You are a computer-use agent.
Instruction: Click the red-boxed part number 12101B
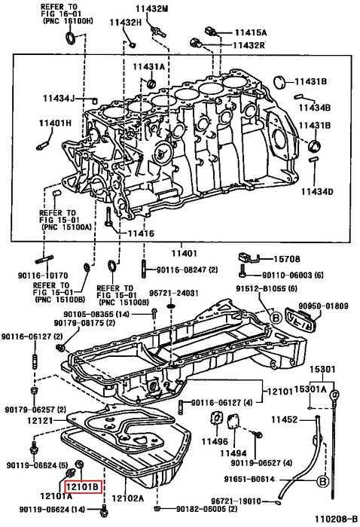(x=83, y=486)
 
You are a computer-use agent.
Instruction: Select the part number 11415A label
(x=251, y=32)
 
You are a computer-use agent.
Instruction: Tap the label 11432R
(x=249, y=45)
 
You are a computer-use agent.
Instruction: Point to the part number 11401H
(x=55, y=123)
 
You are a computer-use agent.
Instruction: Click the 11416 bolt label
(x=141, y=233)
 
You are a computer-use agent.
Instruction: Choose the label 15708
(x=287, y=259)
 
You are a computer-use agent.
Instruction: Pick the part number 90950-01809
(x=324, y=306)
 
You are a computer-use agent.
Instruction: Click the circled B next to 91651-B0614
(x=322, y=481)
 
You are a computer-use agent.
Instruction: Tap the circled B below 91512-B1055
(x=276, y=318)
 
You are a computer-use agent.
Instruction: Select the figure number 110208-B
(x=336, y=519)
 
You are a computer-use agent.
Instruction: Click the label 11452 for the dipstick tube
(x=285, y=419)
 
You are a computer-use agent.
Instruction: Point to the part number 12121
(x=40, y=420)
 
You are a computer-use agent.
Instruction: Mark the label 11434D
(x=316, y=191)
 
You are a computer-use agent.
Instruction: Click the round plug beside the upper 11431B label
(x=279, y=83)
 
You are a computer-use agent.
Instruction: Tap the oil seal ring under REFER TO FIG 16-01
(x=71, y=38)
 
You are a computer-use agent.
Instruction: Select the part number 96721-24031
(x=174, y=294)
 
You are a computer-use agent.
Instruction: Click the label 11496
(x=215, y=441)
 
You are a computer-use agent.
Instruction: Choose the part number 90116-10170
(x=43, y=276)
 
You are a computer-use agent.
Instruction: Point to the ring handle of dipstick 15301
(x=335, y=394)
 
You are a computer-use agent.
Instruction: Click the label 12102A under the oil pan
(x=128, y=498)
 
